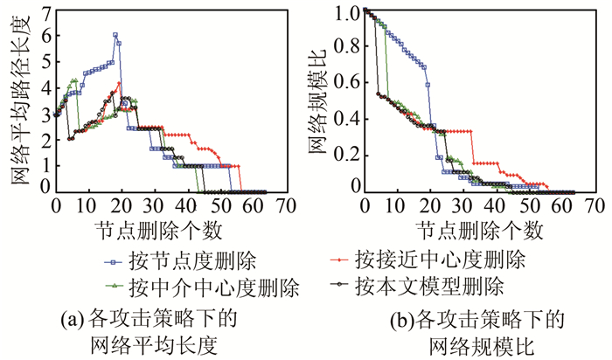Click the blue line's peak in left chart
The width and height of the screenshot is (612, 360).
point(115,35)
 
